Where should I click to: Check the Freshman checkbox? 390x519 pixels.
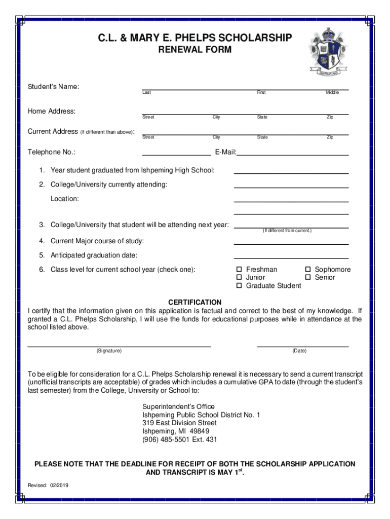click(240, 270)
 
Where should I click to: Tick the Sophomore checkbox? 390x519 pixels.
click(308, 270)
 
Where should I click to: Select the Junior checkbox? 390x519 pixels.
click(240, 278)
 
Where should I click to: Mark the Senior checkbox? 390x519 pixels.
click(308, 278)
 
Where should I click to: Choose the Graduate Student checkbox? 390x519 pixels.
click(240, 286)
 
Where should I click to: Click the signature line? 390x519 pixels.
click(119, 346)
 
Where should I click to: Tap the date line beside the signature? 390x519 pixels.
click(302, 346)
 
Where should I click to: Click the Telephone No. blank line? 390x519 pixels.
click(176, 154)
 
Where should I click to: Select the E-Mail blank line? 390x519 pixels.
click(293, 154)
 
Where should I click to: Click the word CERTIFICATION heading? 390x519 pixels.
click(195, 303)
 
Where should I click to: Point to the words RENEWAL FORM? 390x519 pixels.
click(195, 50)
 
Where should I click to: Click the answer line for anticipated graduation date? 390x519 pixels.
click(291, 258)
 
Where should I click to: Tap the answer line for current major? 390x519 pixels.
click(291, 244)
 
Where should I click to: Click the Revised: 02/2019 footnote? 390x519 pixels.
click(48, 485)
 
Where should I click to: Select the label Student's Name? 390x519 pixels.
click(53, 87)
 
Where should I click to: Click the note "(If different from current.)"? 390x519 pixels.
click(287, 231)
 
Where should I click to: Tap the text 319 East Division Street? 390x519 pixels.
click(179, 423)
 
